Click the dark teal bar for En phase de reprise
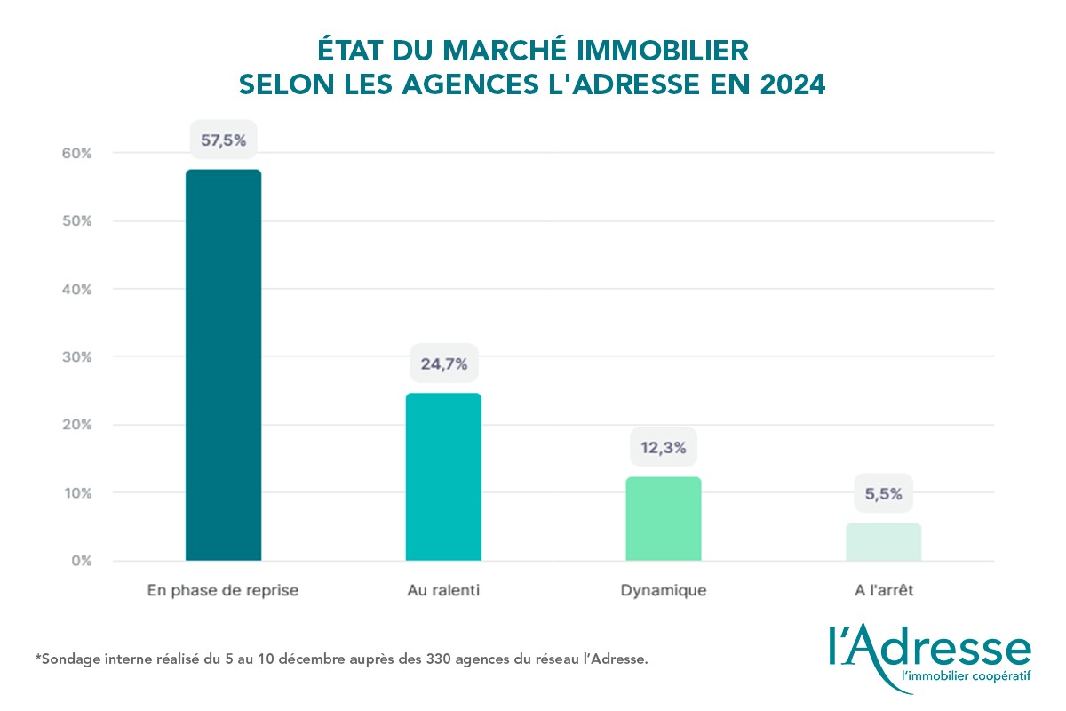(223, 364)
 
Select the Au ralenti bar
(443, 476)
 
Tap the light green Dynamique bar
(664, 518)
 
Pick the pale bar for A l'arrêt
(883, 541)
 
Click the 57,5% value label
(222, 140)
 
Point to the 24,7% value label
(443, 363)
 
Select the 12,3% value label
(664, 448)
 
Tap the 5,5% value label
(883, 494)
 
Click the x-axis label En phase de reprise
(223, 591)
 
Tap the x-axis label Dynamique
(664, 591)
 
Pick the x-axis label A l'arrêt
(883, 591)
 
